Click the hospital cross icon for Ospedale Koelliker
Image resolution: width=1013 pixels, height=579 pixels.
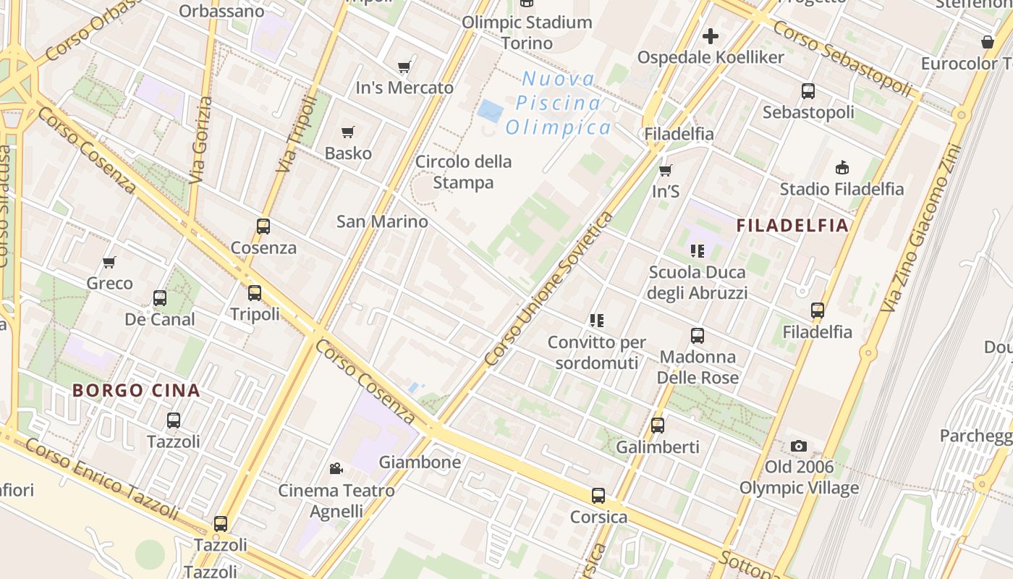coord(711,35)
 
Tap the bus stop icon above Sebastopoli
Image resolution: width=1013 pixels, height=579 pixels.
coord(808,91)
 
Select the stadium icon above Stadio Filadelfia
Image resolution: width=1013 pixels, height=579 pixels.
coord(842,168)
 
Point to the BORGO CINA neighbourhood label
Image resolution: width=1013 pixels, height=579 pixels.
coord(136,391)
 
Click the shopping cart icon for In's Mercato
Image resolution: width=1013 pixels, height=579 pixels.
coord(404,67)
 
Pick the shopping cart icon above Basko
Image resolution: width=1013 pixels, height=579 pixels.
coord(348,132)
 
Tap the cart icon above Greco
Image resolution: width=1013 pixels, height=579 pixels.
coord(109,262)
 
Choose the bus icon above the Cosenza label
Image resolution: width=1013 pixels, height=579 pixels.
coord(263,227)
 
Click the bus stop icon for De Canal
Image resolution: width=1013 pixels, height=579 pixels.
coord(160,297)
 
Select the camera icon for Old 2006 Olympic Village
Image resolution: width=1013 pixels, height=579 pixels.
coord(799,446)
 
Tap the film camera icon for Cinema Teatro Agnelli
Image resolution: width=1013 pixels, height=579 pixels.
coord(336,469)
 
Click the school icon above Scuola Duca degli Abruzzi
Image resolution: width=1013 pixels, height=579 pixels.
coord(697,251)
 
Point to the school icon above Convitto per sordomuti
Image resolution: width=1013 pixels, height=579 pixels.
coord(596,320)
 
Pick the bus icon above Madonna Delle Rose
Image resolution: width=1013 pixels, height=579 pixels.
coord(698,336)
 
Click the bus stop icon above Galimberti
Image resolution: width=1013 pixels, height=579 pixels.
coord(658,426)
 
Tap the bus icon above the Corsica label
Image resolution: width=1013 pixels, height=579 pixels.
coord(598,496)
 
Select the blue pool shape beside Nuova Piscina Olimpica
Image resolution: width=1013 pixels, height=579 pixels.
coord(491,111)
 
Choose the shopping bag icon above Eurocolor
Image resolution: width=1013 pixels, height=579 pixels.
coord(988,42)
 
